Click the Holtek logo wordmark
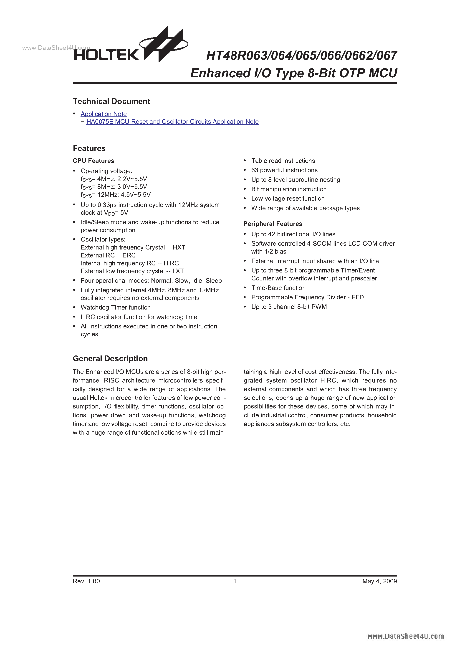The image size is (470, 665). pyautogui.click(x=106, y=55)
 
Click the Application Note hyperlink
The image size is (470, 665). pyautogui.click(x=104, y=114)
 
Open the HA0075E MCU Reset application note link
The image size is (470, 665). pyautogui.click(x=172, y=122)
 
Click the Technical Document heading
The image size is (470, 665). pyautogui.click(x=111, y=101)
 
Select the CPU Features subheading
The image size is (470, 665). pyautogui.click(x=93, y=161)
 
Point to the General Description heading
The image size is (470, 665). pyautogui.click(x=110, y=359)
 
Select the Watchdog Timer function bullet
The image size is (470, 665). pyautogui.click(x=115, y=307)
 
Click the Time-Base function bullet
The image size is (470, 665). pyautogui.click(x=278, y=288)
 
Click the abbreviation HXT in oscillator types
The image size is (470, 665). pyautogui.click(x=179, y=247)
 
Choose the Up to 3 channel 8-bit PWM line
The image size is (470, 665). pyautogui.click(x=289, y=307)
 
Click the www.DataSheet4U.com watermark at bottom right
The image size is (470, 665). pyautogui.click(x=405, y=636)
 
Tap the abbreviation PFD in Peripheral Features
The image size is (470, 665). pyautogui.click(x=357, y=297)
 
